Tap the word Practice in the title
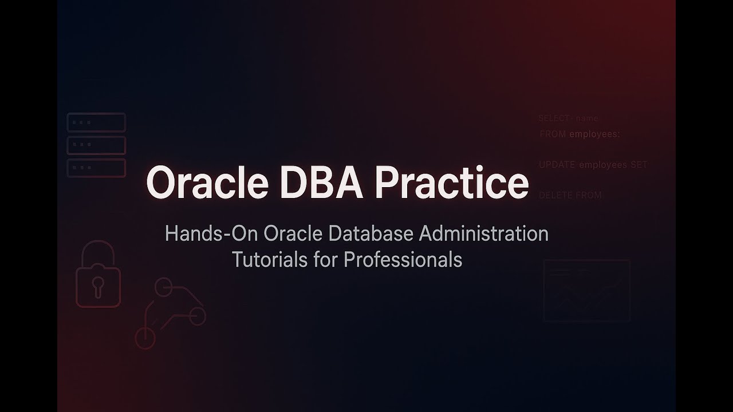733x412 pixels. point(452,183)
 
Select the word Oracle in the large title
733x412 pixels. point(208,183)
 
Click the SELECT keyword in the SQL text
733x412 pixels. point(554,118)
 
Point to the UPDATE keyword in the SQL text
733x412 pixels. point(557,165)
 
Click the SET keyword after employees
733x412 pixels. point(639,165)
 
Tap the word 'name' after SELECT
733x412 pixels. point(587,118)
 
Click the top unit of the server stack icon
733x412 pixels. point(96,122)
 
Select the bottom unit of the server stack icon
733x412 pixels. point(96,168)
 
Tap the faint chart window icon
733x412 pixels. point(586,291)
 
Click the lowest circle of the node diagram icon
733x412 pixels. point(145,338)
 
